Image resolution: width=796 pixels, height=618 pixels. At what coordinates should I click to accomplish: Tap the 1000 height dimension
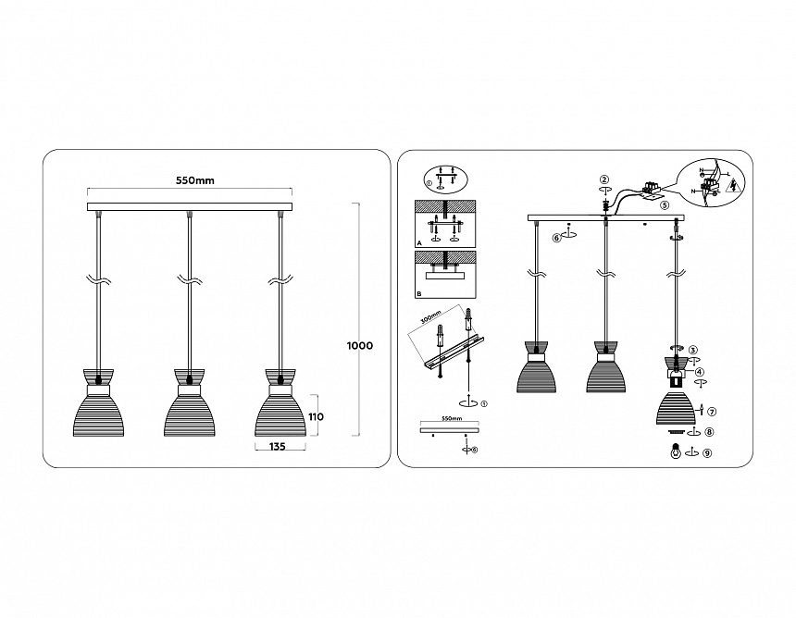[360, 346]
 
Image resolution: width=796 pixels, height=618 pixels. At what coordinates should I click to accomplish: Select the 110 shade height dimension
[317, 416]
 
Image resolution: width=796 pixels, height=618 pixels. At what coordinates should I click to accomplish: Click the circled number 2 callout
[603, 179]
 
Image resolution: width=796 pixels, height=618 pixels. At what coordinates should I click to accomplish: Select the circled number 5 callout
[665, 207]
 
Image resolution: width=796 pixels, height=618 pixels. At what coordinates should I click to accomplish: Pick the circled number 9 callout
[707, 452]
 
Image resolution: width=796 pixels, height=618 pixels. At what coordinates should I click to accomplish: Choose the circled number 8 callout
[709, 432]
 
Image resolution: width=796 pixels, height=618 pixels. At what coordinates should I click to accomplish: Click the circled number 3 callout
[705, 350]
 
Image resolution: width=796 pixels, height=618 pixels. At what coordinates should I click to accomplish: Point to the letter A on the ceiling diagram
[419, 242]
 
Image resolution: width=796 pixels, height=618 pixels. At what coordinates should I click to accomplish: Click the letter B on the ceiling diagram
[419, 293]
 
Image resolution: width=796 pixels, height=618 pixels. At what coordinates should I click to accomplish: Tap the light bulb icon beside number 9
[677, 452]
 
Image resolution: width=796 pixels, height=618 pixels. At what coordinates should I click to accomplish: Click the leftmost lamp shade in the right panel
[536, 374]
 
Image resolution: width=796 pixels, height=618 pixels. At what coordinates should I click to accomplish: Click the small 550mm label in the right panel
[451, 419]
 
